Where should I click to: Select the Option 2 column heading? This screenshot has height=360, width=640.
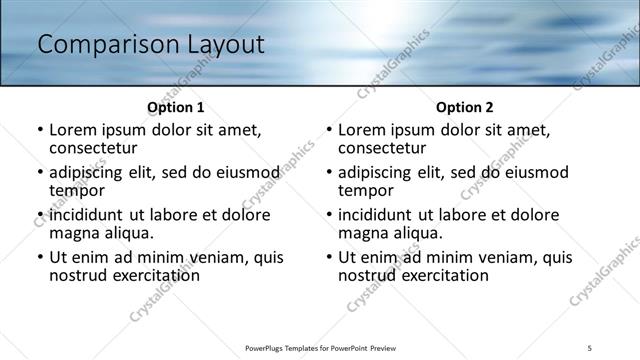pyautogui.click(x=465, y=107)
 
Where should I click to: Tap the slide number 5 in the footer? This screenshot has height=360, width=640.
pyautogui.click(x=590, y=347)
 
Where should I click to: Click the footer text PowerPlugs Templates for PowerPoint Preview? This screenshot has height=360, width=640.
pyautogui.click(x=319, y=347)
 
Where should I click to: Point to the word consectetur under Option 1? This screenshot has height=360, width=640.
pyautogui.click(x=92, y=148)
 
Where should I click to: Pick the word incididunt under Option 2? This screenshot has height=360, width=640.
pyautogui.click(x=377, y=215)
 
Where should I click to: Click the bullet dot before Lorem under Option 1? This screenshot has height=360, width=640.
pyautogui.click(x=39, y=131)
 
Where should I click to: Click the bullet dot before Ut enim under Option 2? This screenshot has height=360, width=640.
pyautogui.click(x=329, y=257)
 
